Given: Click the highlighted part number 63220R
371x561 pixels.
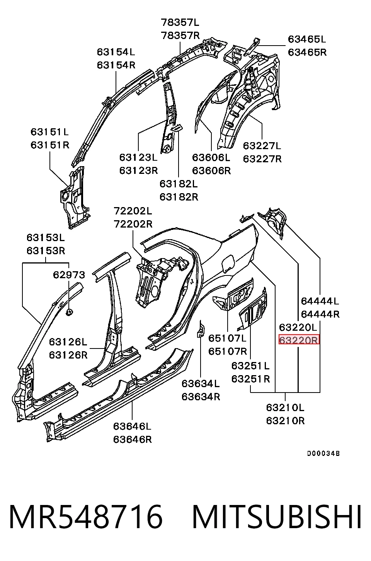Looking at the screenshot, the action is coord(299,340).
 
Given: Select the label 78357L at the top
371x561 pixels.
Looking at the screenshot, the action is coord(180,22).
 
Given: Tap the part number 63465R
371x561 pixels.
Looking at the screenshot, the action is coord(307,52).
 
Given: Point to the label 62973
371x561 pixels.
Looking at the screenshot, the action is coord(69,275).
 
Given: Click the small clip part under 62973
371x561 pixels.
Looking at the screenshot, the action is coord(69,312).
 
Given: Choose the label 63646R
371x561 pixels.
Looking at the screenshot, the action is coord(133,440).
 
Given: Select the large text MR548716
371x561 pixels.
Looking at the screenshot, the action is coord(86,517).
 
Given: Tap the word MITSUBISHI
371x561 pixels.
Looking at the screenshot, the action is coord(276,517).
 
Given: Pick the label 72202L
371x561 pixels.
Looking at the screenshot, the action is coord(133,211).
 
